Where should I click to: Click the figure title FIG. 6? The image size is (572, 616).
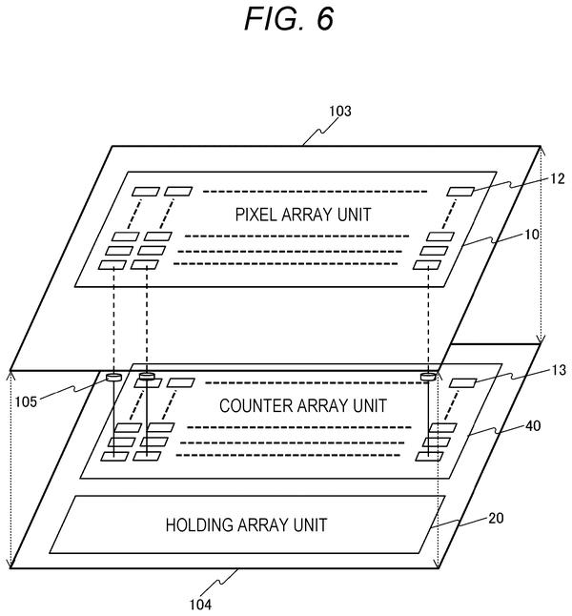coord(289,18)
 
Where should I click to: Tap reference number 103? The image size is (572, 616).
coord(340,112)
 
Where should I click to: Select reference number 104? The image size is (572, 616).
coord(201,605)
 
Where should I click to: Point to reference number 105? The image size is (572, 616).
coord(26,401)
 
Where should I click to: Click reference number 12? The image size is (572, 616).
coord(557,178)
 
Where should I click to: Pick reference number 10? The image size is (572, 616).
coord(532,235)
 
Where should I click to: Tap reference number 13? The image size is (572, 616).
coord(559,370)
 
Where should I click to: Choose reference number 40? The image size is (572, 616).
coord(533,426)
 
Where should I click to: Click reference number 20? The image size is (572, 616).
coord(496,518)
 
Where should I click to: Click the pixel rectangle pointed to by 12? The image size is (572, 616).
coord(460,192)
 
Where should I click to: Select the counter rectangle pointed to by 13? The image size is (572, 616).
coord(462,382)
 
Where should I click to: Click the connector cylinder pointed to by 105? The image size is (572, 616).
coord(114,378)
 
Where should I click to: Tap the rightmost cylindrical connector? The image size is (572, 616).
coord(428,377)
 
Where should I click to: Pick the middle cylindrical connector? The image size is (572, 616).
coord(147,377)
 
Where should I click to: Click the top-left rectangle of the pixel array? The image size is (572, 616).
coord(145,192)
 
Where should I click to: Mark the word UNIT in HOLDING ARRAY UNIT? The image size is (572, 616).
coord(311,525)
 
